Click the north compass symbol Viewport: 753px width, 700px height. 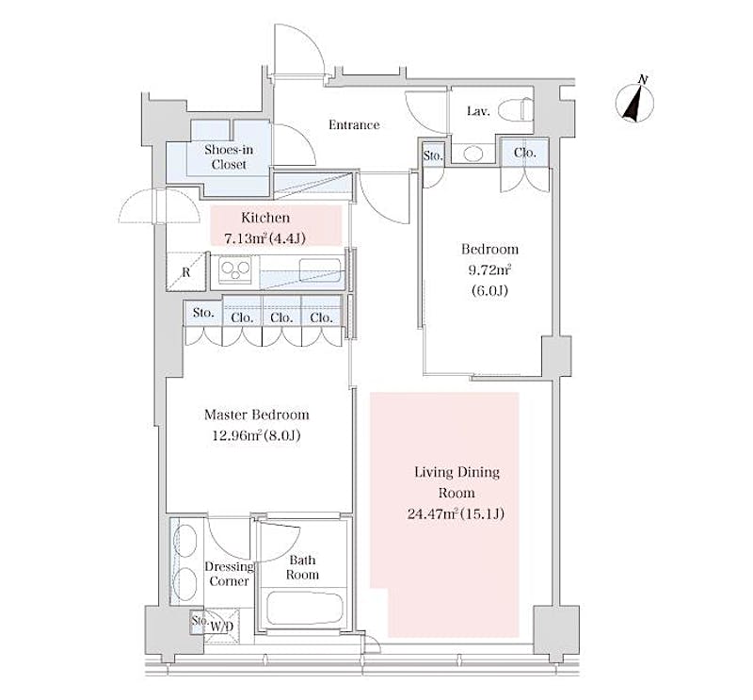(634, 102)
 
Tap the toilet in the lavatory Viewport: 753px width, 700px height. (515, 109)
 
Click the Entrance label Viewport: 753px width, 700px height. (354, 125)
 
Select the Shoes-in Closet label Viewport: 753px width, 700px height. (229, 156)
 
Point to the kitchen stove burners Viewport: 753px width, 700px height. (235, 270)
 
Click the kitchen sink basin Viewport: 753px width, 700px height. (320, 269)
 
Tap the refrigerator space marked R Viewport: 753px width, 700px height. (185, 272)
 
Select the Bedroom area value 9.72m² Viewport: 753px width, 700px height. (489, 269)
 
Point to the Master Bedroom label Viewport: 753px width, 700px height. (256, 415)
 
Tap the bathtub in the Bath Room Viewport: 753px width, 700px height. (305, 609)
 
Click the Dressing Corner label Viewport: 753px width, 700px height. (229, 574)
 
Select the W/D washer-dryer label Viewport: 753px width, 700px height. (221, 627)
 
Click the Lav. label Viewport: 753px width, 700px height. (478, 111)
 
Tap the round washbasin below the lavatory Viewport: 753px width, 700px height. (473, 154)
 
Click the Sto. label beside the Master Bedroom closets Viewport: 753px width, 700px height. (203, 313)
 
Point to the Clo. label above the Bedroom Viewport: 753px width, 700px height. (524, 153)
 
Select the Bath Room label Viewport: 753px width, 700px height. (302, 567)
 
